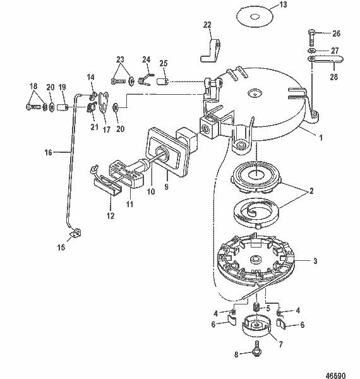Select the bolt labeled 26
pos(313,33)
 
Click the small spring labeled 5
pos(257,308)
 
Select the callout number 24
pos(146,61)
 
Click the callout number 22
pos(207,25)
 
